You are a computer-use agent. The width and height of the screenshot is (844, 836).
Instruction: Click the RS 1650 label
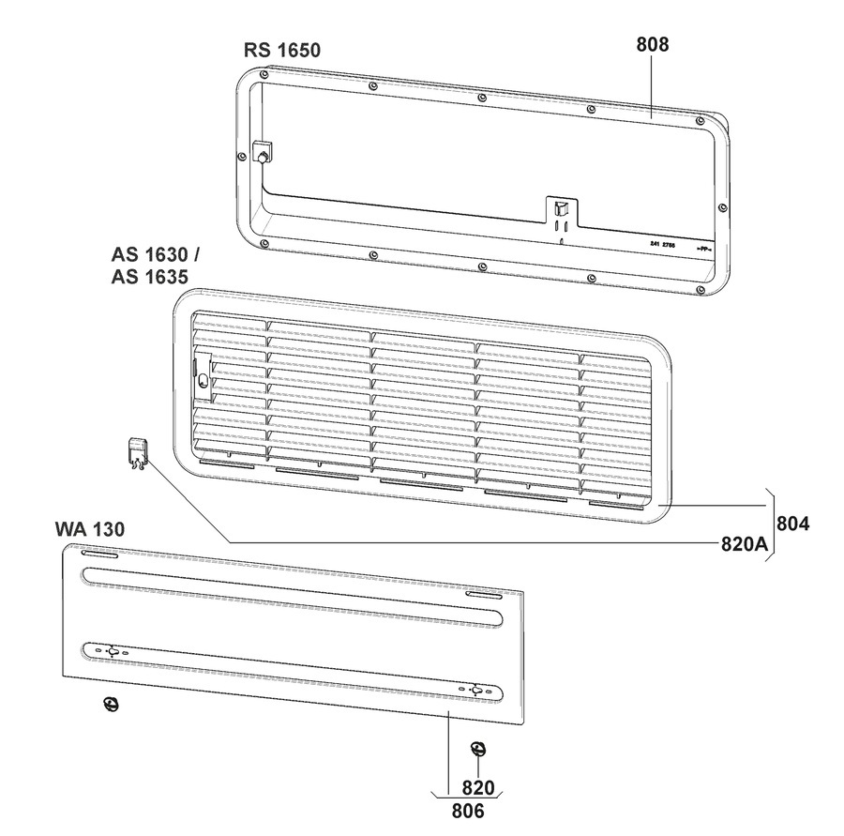(283, 50)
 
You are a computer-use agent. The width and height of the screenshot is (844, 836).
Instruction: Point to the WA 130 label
(90, 531)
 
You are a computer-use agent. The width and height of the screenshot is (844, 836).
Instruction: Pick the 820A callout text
(746, 542)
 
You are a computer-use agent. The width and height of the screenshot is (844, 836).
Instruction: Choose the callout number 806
(467, 811)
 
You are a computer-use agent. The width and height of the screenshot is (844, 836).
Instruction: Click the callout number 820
(478, 788)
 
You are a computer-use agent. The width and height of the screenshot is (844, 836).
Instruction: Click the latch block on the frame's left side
(262, 150)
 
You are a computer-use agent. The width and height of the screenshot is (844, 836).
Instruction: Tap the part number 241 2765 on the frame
(662, 244)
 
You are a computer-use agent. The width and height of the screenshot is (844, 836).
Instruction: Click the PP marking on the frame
(703, 249)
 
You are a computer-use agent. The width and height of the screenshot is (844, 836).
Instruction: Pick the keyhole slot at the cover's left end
(112, 651)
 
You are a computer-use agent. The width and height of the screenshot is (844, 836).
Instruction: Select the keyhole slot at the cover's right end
(476, 691)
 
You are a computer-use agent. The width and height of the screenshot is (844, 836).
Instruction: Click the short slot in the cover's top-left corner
(97, 557)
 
